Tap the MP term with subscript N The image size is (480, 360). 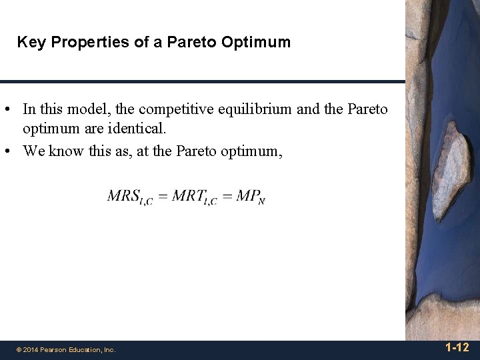251,197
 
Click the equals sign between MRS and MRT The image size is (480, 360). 162,197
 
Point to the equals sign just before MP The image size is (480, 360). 227,197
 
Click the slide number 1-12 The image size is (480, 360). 457,347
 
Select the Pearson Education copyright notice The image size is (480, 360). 66,349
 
